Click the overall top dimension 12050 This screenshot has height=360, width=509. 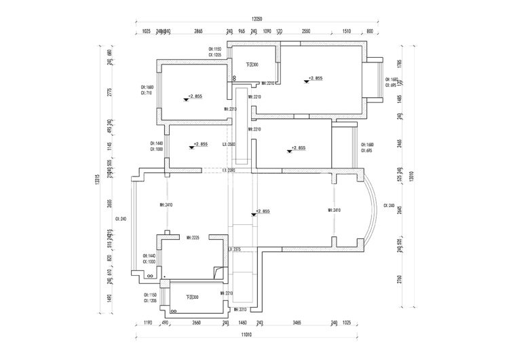(x=255, y=20)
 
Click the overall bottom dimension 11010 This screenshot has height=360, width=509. (x=246, y=335)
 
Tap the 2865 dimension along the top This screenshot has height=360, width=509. (x=198, y=32)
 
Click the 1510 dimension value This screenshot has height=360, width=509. (x=346, y=32)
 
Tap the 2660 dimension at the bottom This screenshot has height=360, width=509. (x=196, y=323)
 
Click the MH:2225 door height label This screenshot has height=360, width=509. (x=192, y=238)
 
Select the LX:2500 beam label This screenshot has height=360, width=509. (x=229, y=145)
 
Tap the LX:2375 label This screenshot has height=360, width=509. (x=235, y=250)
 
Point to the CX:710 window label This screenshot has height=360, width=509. (x=147, y=93)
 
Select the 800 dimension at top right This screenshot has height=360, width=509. (x=370, y=32)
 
